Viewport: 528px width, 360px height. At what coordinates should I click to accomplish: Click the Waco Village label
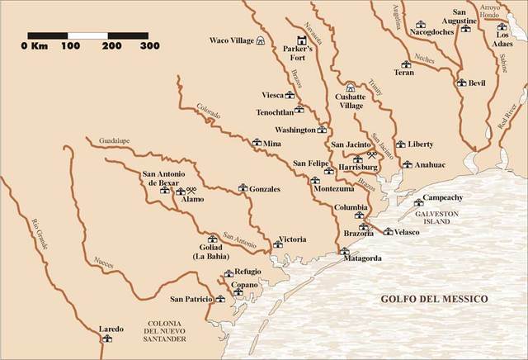pos(231,40)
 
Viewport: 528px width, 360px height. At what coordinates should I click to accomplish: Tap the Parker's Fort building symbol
pos(301,39)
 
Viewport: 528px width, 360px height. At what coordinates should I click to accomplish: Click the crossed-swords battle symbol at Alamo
pos(180,191)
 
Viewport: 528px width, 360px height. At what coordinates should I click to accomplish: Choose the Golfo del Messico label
pos(434,298)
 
